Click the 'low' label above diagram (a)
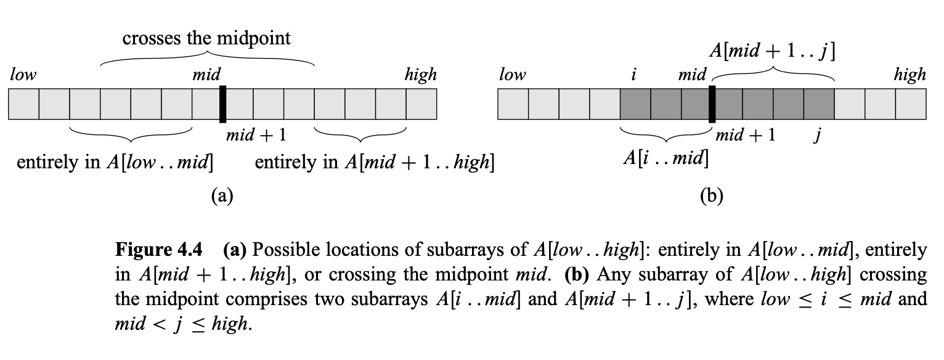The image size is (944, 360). click(x=23, y=75)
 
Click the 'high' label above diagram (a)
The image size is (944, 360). click(x=420, y=75)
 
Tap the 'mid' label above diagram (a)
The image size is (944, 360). click(x=206, y=75)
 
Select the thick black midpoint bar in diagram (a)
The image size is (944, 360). click(x=222, y=104)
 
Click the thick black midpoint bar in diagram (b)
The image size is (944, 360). click(x=712, y=104)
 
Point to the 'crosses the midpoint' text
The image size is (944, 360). click(x=206, y=38)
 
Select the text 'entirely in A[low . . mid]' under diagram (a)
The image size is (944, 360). click(x=115, y=163)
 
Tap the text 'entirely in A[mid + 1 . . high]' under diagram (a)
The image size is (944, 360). click(x=374, y=163)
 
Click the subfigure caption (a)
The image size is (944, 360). click(x=222, y=196)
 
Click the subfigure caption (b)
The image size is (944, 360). click(x=712, y=196)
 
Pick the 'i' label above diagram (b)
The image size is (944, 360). click(x=634, y=75)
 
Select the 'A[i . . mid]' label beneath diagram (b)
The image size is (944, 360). click(x=665, y=158)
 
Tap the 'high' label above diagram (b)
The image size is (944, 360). click(x=909, y=75)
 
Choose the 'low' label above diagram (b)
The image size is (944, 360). click(x=513, y=75)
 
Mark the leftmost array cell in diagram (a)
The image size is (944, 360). click(x=23, y=104)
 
